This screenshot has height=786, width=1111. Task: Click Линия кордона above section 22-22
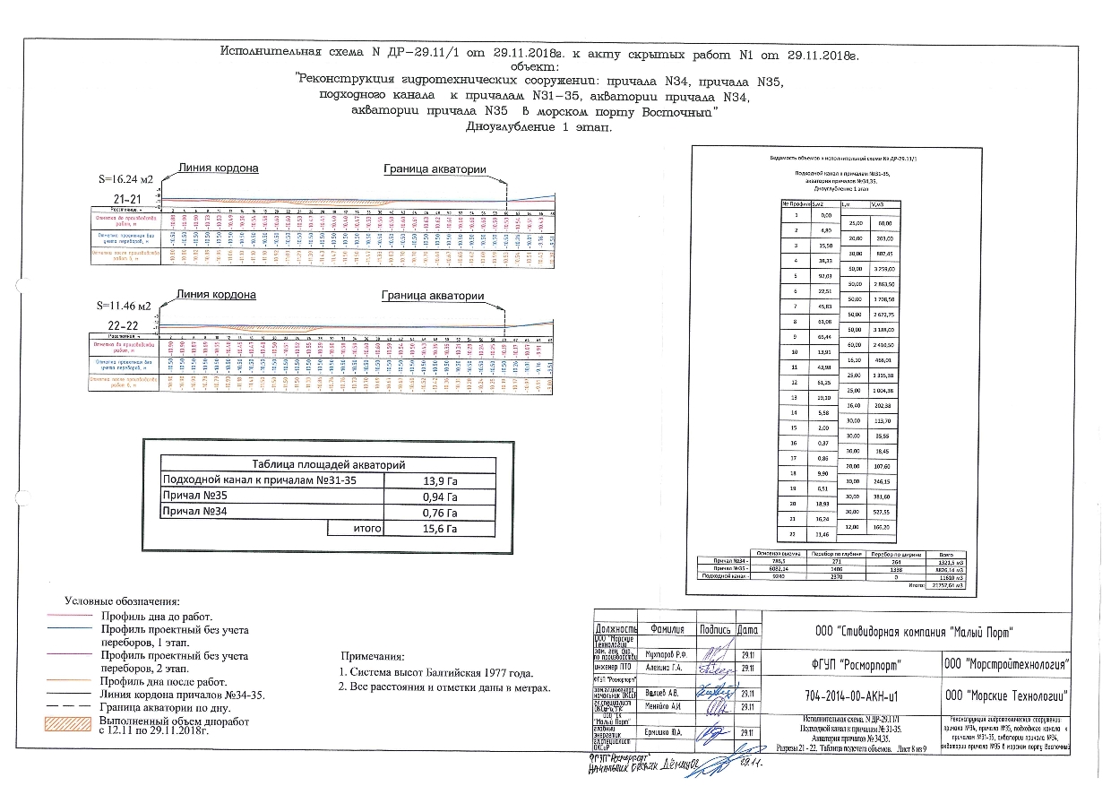click(x=216, y=295)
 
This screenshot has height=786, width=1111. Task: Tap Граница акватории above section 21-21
click(x=435, y=168)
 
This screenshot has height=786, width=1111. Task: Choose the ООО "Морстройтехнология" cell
click(x=1008, y=664)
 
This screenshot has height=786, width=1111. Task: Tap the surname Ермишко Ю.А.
click(x=666, y=732)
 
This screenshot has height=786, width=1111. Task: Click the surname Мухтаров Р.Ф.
click(x=667, y=654)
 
